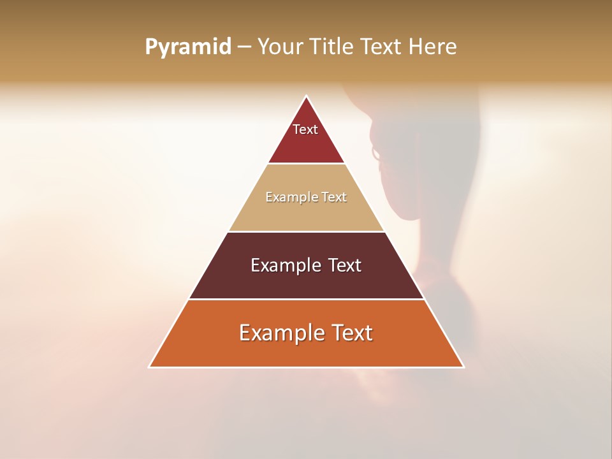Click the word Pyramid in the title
[188, 47]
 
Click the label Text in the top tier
[305, 129]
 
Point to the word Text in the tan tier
[334, 197]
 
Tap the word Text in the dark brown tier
[345, 265]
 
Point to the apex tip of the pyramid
[307, 98]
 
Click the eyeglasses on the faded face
[376, 154]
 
